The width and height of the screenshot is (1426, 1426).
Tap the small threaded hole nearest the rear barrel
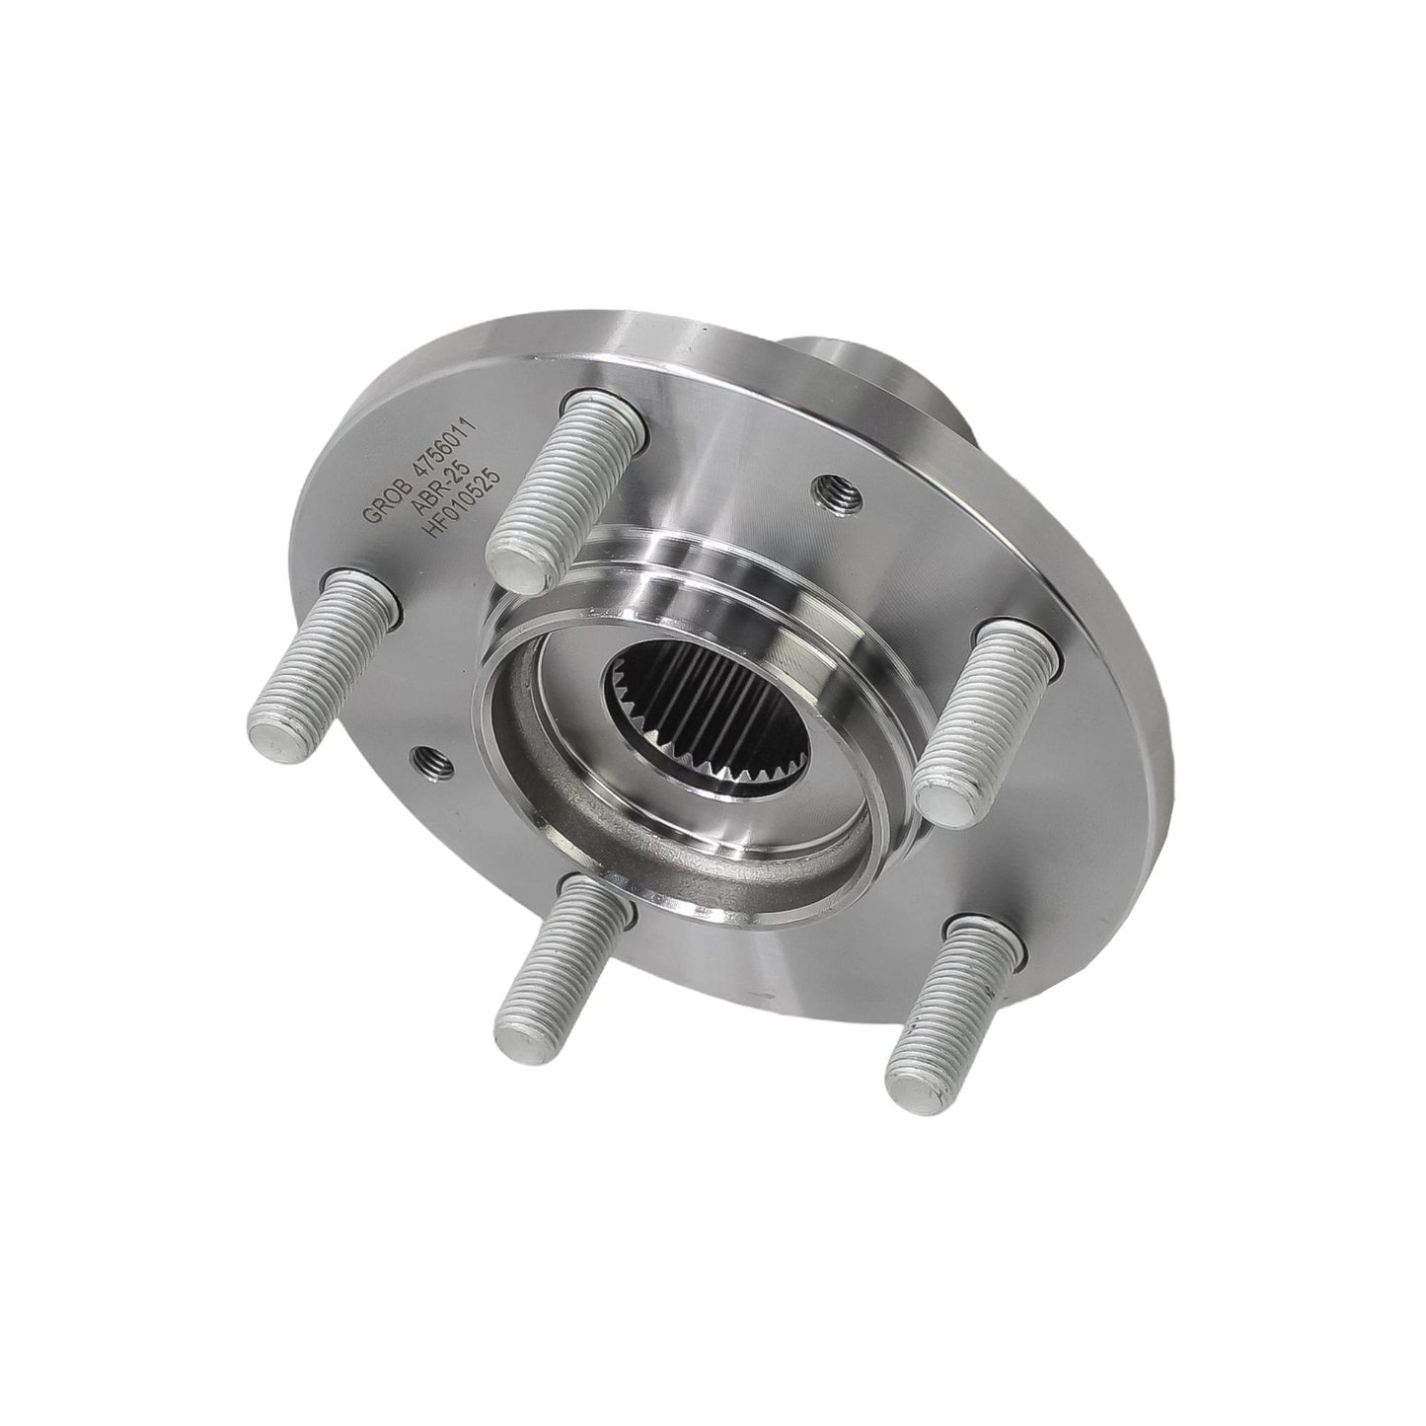(836, 489)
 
